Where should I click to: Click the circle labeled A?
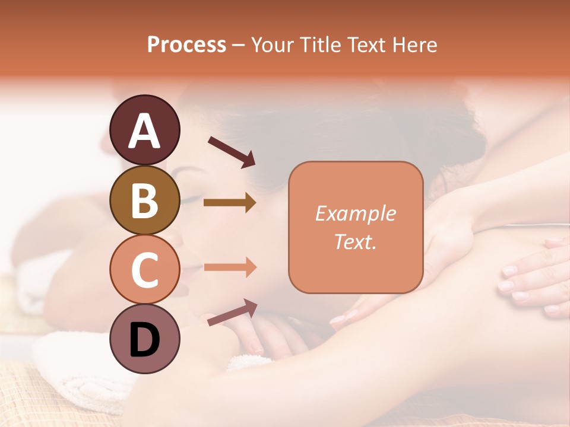[145, 130]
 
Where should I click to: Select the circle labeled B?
[145, 200]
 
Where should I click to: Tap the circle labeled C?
[145, 269]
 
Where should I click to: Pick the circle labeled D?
[145, 339]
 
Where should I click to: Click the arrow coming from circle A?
[231, 151]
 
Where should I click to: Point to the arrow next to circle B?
[230, 203]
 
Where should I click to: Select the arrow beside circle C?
[230, 267]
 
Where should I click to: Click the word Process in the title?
[186, 44]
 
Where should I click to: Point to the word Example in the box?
[355, 213]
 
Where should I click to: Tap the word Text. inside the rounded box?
[355, 242]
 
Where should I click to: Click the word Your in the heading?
[273, 44]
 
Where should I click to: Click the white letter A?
[145, 131]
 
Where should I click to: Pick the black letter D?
[145, 340]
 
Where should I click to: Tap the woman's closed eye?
[189, 200]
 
